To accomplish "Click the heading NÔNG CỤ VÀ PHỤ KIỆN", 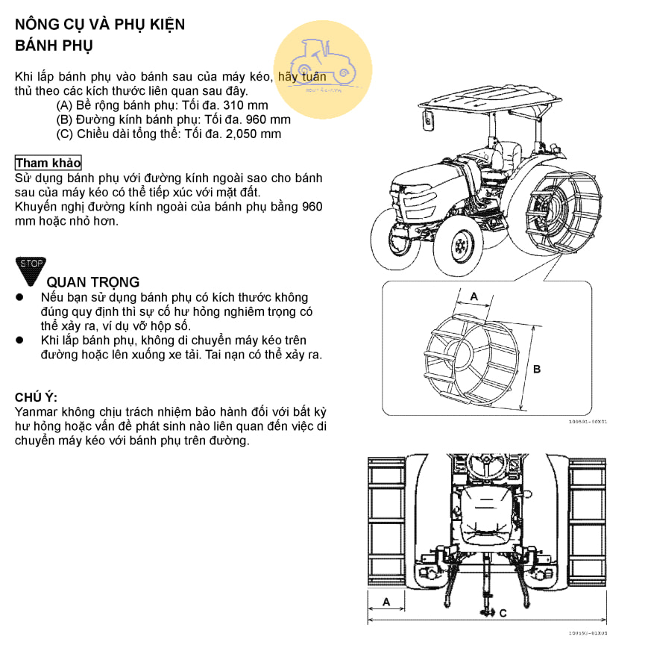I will [100, 24].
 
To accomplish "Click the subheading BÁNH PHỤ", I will [54, 46].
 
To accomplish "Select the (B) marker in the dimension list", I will [65, 119].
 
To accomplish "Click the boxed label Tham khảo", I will [48, 163].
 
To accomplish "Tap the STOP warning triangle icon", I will [31, 270].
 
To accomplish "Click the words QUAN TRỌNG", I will [92, 282].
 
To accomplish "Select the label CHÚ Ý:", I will [36, 397].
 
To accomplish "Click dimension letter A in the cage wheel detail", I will [474, 296].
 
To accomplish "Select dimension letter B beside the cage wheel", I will [537, 369].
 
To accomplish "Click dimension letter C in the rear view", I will [503, 613].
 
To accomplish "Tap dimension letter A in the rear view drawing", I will [386, 600].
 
